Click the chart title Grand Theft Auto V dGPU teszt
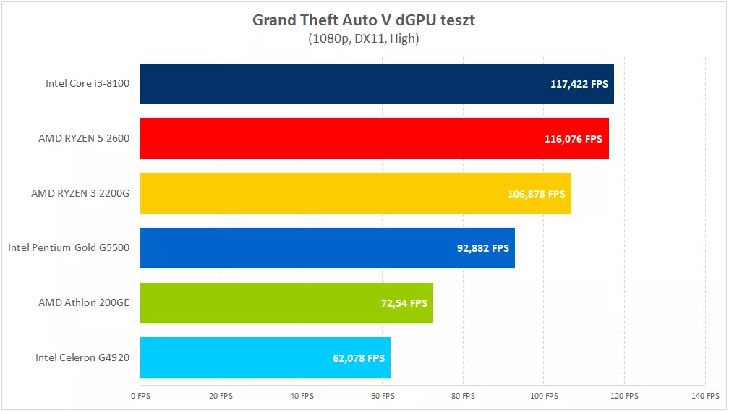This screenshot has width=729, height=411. (364, 20)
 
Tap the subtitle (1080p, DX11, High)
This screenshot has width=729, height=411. (364, 38)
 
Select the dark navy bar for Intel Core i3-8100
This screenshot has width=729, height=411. (340, 84)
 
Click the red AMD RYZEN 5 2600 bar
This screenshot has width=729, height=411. (340, 138)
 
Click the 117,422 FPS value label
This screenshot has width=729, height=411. (579, 84)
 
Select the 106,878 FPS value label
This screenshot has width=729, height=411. (537, 194)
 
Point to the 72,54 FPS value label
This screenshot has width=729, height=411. (404, 303)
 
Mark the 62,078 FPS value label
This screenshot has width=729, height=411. (354, 358)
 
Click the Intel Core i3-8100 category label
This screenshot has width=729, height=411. (88, 83)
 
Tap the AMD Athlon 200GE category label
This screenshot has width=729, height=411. (84, 302)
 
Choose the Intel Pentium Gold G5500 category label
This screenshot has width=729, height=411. (69, 248)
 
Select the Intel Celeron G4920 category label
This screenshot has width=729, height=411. (82, 357)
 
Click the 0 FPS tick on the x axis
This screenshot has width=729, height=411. (140, 396)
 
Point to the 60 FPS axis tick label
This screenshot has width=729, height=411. (383, 396)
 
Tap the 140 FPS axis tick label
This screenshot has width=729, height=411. (705, 396)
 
